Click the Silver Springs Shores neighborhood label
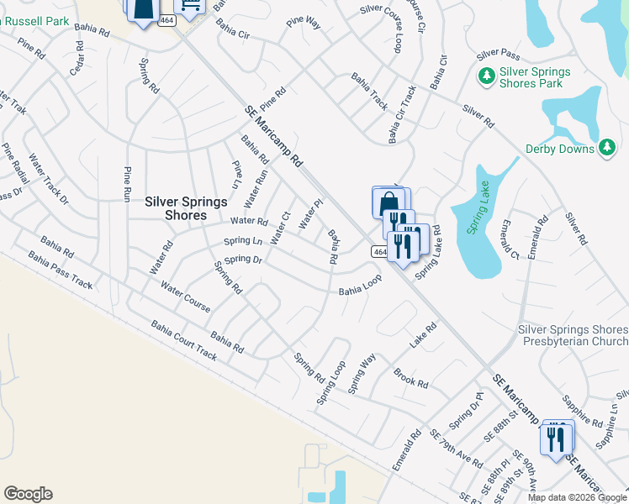(175, 208)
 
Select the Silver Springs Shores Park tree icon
(486, 77)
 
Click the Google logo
(28, 494)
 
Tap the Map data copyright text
(578, 497)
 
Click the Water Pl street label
(311, 213)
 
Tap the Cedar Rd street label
(78, 64)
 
